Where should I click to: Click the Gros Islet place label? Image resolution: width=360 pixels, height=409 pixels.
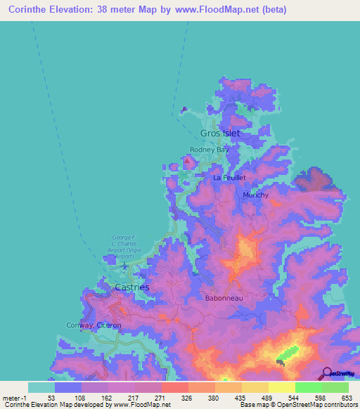pos(220,133)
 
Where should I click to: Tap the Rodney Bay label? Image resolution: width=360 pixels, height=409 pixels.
pos(210,150)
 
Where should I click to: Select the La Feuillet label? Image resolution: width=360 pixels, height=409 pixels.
pos(229,178)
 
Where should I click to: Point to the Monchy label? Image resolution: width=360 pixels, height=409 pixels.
pos(255,195)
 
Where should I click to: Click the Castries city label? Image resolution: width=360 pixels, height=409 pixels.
pos(131,287)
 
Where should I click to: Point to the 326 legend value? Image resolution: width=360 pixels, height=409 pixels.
pos(187,398)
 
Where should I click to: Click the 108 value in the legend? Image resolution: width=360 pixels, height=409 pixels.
pos(80,398)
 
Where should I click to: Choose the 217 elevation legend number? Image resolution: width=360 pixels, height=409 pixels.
pos(134,398)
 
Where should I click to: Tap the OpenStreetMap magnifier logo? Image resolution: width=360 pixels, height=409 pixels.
pos(326,374)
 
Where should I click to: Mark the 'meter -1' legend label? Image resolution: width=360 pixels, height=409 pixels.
pos(13,398)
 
